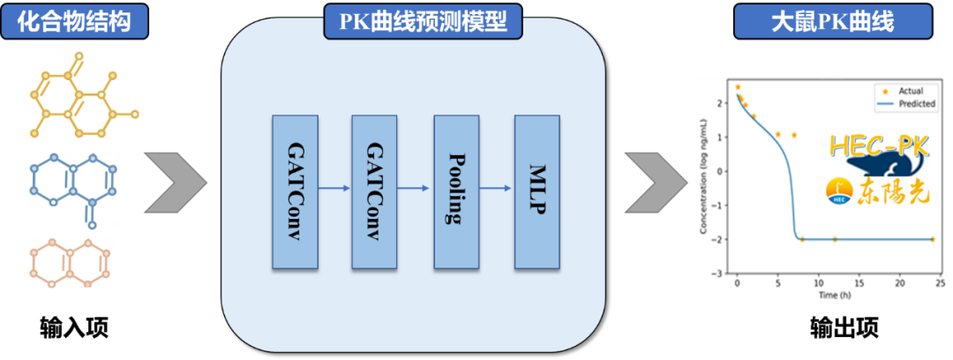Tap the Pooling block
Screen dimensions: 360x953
(x=456, y=191)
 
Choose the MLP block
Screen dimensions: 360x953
(x=537, y=191)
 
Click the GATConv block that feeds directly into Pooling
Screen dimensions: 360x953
(x=374, y=191)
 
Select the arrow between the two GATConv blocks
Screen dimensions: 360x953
(x=334, y=188)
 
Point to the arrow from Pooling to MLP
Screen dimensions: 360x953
(x=497, y=188)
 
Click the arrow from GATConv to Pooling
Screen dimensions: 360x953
(x=415, y=188)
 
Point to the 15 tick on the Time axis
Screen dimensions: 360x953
(x=858, y=283)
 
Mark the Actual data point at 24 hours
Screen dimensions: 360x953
(x=932, y=239)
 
